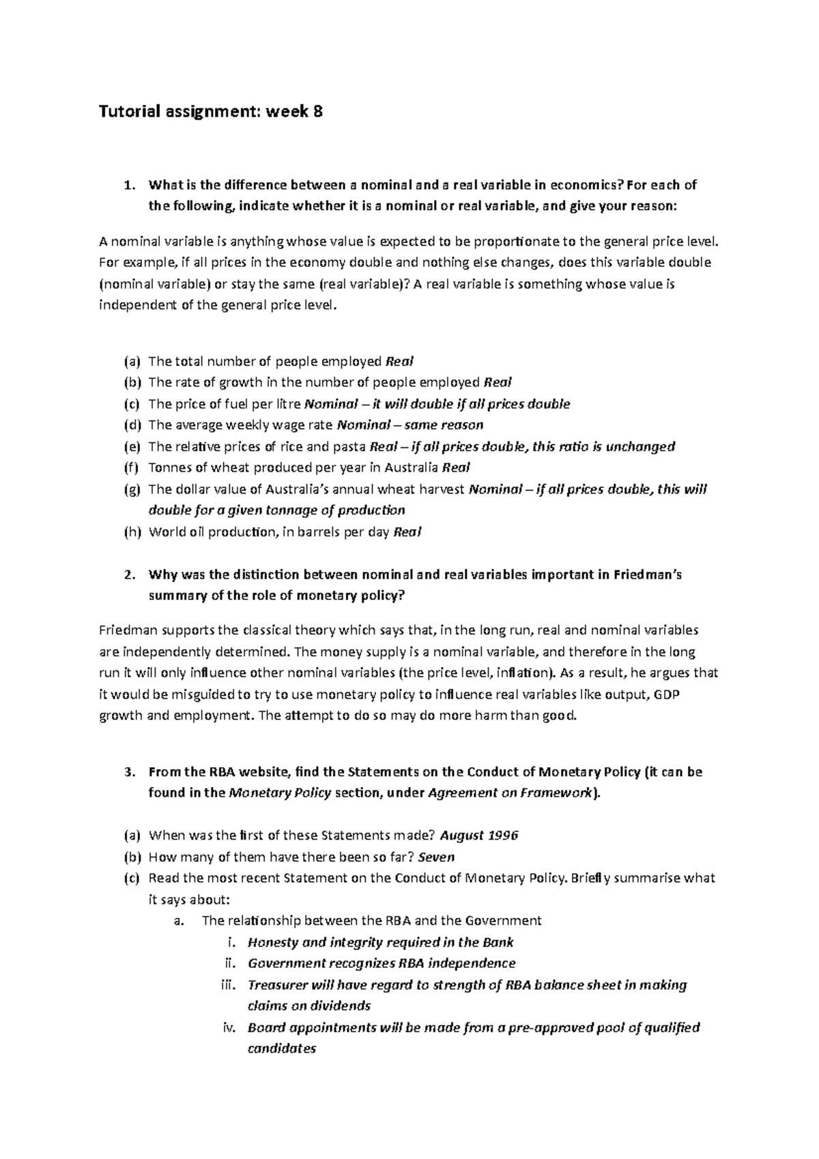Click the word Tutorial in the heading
(124, 111)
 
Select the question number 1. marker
(130, 185)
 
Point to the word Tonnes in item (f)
(168, 468)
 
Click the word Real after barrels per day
(407, 532)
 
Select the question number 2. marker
(130, 575)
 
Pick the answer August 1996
(479, 835)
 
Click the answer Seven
(435, 857)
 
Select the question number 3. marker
(130, 772)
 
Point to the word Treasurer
(280, 985)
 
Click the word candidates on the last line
(281, 1049)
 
